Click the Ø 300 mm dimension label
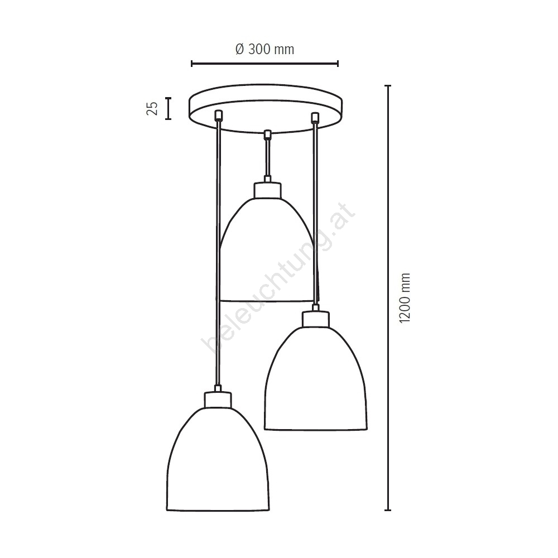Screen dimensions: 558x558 [x=264, y=49]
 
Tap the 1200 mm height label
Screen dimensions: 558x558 [x=405, y=298]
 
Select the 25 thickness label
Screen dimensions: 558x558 [x=152, y=108]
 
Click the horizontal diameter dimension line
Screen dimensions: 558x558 [x=264, y=64]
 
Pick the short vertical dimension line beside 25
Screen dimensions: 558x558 [x=169, y=108]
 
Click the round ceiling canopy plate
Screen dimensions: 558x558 [x=266, y=108]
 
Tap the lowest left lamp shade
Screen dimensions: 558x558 [x=218, y=459]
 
